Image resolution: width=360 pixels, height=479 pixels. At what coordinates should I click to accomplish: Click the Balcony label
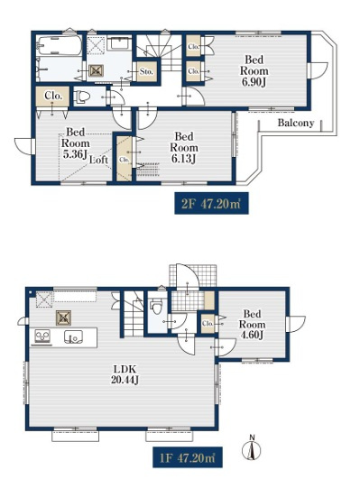(x=296, y=123)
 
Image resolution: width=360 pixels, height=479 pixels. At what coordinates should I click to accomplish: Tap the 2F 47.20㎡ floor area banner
(x=211, y=204)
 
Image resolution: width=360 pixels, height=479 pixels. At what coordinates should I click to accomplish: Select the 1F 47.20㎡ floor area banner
(x=188, y=457)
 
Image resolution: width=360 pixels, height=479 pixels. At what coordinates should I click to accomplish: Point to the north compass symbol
(x=252, y=448)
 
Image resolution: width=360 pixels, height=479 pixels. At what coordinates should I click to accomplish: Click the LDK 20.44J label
(x=125, y=374)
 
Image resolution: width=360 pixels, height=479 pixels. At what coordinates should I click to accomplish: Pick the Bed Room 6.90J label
(x=254, y=71)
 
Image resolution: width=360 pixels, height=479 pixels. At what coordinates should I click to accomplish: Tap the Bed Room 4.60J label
(x=252, y=325)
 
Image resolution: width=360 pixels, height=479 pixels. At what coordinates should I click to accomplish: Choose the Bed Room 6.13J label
(x=184, y=148)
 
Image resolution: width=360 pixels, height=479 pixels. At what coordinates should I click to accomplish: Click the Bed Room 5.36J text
(x=76, y=143)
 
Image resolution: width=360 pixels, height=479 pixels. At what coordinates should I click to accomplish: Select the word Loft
(x=98, y=160)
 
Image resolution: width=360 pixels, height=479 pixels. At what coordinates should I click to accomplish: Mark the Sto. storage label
(x=146, y=71)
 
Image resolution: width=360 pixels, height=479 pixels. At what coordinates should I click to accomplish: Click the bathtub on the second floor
(x=59, y=46)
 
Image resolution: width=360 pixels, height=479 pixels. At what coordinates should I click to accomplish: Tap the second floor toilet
(x=82, y=97)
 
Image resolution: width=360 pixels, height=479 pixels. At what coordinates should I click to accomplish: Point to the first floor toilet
(x=157, y=306)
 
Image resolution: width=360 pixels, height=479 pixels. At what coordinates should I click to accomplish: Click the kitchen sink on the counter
(x=73, y=337)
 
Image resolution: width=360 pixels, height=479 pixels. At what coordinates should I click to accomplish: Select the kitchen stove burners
(x=43, y=336)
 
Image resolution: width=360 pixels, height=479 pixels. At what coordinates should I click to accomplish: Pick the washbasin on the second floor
(x=120, y=42)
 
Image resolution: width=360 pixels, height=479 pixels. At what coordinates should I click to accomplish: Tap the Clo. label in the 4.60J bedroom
(x=208, y=323)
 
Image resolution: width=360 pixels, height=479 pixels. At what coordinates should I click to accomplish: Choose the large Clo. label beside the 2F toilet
(x=53, y=96)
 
